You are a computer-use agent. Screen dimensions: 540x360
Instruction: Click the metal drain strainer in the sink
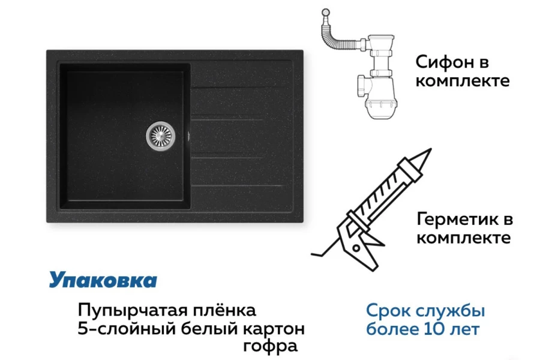tap(160, 136)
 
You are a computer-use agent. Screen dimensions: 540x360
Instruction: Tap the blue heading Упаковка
tap(103, 280)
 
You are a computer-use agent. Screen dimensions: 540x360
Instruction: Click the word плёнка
tap(224, 310)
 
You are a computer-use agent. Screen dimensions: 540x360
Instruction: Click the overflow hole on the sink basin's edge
tap(188, 136)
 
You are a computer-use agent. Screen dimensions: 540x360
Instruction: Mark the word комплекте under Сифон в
tap(463, 80)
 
